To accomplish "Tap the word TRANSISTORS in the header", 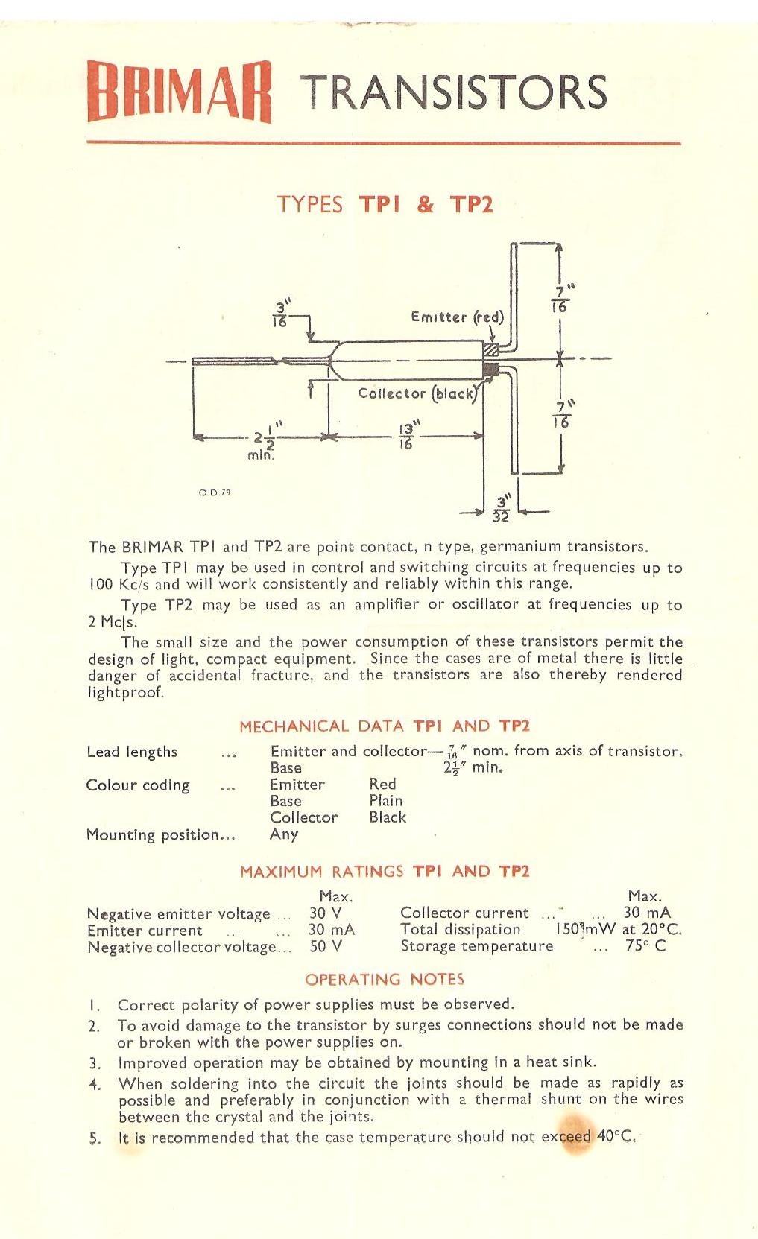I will (x=457, y=92).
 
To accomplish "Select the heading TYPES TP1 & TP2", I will (x=385, y=204).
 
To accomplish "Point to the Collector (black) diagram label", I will (x=417, y=393).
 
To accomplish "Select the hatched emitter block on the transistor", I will (x=490, y=349).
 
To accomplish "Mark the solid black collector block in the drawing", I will (x=490, y=369).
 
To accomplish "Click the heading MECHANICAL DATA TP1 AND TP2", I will (x=385, y=726).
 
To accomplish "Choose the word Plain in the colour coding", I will (x=386, y=801).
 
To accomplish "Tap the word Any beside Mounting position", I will (x=284, y=834).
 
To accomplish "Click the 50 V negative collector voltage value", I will (x=326, y=946).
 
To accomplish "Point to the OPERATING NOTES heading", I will (x=385, y=979).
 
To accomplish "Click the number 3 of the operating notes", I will (x=93, y=1063).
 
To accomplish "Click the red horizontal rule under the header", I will (x=384, y=142).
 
